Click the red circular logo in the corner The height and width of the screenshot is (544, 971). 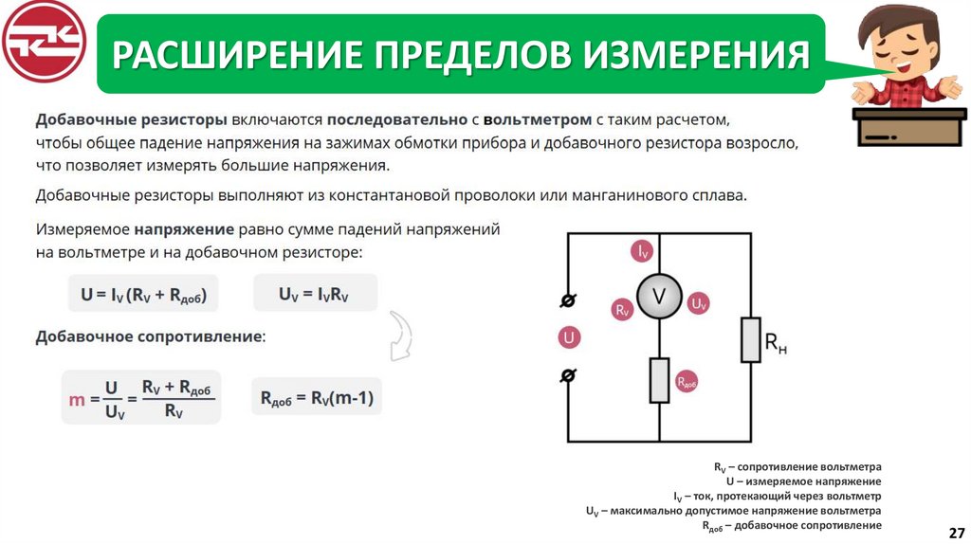pos(44,43)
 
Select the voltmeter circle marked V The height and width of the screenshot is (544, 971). pos(658,297)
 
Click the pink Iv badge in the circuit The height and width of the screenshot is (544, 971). pos(643,251)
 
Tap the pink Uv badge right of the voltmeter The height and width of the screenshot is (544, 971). pos(698,303)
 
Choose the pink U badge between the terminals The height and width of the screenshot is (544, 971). pos(569,337)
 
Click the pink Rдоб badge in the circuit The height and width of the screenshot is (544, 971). pos(687,382)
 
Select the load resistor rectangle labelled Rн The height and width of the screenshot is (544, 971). pos(751,339)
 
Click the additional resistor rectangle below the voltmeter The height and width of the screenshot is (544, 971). pos(659,379)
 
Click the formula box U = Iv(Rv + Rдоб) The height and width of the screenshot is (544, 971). pos(143,294)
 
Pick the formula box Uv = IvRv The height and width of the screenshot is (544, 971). pos(315,294)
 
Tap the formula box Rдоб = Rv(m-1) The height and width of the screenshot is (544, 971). pos(317,398)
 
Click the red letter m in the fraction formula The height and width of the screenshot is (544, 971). pos(78,399)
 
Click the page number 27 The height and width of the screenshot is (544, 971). pos(956,531)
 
